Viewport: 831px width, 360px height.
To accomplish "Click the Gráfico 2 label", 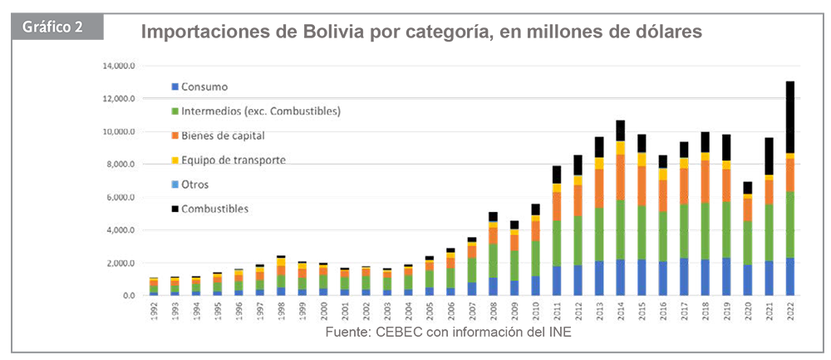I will (x=52, y=24).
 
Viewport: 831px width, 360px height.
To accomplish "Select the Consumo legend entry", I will (x=203, y=86).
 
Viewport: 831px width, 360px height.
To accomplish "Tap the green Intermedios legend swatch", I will (x=173, y=111).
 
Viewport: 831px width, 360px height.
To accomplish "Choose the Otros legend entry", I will (x=195, y=184).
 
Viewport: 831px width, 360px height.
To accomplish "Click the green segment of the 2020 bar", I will (x=749, y=241).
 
